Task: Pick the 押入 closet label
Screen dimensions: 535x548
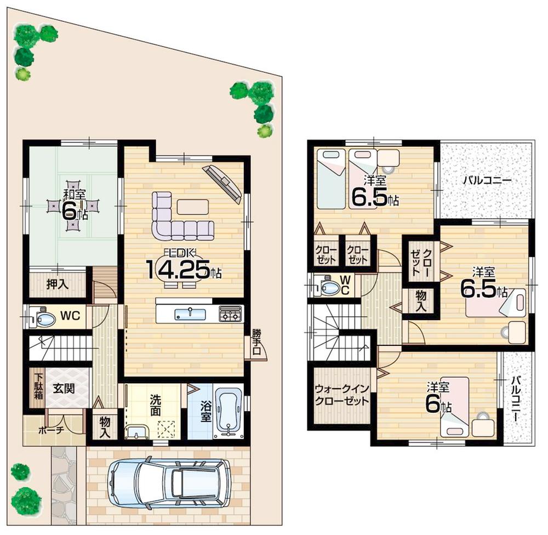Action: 57,285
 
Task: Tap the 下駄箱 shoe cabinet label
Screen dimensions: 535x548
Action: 38,389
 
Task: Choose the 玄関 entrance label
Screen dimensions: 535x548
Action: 63,388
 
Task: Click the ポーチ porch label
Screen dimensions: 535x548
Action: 52,430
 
